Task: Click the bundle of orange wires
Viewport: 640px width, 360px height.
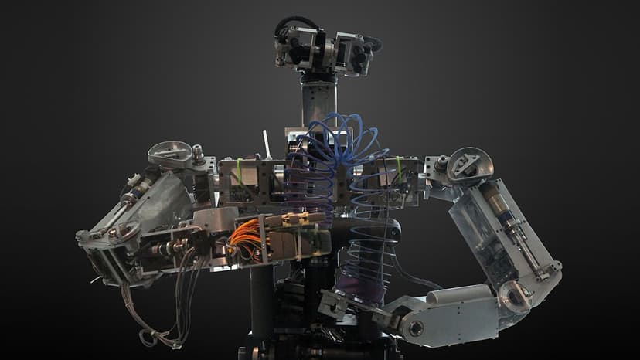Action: (x=240, y=242)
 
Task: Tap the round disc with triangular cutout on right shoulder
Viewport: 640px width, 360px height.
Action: (x=470, y=162)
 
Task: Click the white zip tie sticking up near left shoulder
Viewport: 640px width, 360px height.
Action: (x=267, y=144)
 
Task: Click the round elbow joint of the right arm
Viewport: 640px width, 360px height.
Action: (x=515, y=294)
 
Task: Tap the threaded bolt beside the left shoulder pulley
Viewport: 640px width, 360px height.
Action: (x=199, y=153)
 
